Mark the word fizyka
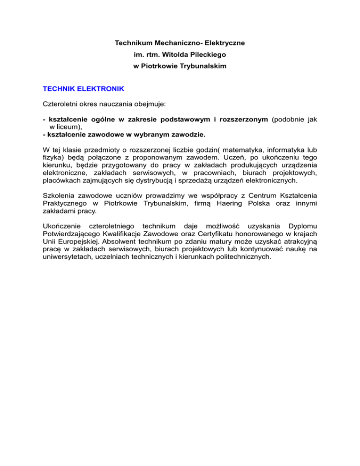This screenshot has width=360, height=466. (52, 158)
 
